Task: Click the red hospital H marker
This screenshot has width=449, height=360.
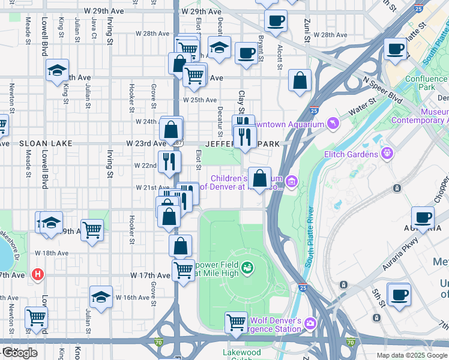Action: (38, 275)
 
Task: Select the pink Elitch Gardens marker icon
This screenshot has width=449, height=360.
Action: (387, 154)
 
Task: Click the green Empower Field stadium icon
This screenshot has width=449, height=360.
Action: (247, 267)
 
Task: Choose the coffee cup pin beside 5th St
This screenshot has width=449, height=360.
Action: (399, 295)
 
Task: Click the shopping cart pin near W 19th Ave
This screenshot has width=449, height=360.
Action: (92, 230)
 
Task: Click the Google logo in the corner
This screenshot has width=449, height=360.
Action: (19, 353)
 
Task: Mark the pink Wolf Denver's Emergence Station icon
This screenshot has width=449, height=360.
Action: (310, 323)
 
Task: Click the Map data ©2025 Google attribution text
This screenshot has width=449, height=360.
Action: (411, 355)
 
